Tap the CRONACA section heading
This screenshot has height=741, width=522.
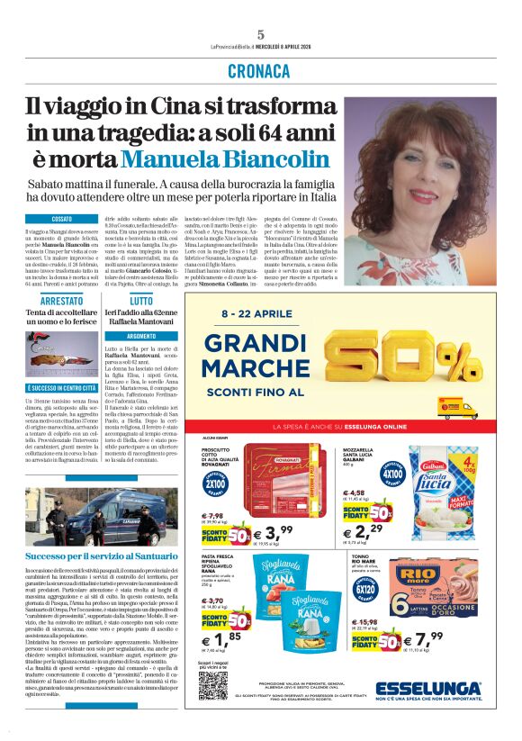[260, 70]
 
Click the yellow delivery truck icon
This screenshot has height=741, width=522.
[458, 408]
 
